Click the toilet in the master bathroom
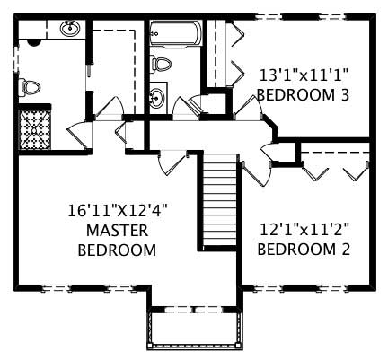pos(31,87)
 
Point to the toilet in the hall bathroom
pos(160,65)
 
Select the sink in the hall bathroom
pos(158,97)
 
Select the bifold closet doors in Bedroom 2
pos(336,167)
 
